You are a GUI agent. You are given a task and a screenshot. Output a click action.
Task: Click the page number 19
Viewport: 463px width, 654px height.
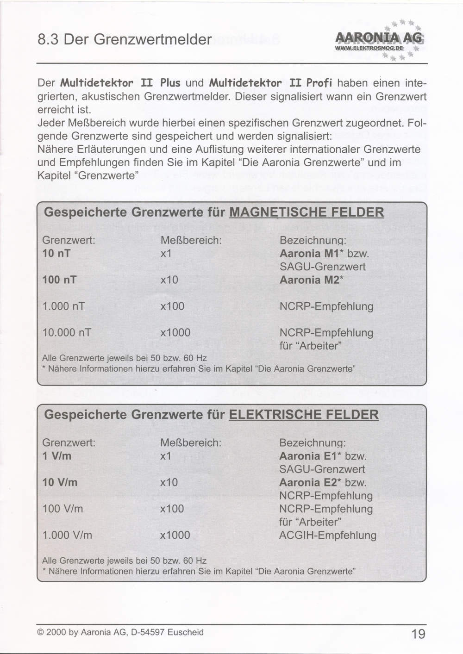click(x=418, y=634)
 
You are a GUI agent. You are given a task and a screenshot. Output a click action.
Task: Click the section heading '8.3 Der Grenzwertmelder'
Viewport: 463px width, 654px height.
click(x=125, y=39)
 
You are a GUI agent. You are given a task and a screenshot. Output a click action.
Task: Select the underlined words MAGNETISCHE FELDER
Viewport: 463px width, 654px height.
click(x=307, y=212)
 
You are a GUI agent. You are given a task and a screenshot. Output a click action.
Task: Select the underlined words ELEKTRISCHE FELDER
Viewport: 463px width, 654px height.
click(x=304, y=414)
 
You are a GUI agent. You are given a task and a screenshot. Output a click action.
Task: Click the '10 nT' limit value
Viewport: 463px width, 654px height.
click(x=56, y=254)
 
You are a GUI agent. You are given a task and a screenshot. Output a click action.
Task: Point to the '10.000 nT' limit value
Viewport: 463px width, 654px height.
click(x=67, y=333)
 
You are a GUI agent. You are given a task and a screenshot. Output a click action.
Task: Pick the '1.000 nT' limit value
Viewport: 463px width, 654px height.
click(x=63, y=306)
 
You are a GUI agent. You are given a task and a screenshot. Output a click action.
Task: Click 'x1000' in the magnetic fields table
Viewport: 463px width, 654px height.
click(x=175, y=333)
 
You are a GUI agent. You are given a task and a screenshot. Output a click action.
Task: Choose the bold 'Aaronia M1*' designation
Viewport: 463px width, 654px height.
click(x=310, y=254)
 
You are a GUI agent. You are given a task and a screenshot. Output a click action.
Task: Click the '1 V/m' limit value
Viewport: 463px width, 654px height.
click(x=56, y=456)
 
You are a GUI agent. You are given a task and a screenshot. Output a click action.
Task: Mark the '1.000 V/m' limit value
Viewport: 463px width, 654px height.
click(x=67, y=536)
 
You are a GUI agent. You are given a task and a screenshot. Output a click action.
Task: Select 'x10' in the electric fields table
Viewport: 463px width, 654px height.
click(x=169, y=482)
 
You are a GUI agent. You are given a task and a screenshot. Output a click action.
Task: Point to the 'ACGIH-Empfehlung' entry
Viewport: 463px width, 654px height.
click(x=327, y=536)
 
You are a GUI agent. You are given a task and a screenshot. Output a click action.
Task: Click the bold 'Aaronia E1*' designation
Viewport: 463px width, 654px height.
click(x=309, y=456)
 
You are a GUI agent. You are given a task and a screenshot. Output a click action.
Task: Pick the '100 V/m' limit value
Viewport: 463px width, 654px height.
click(x=63, y=509)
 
